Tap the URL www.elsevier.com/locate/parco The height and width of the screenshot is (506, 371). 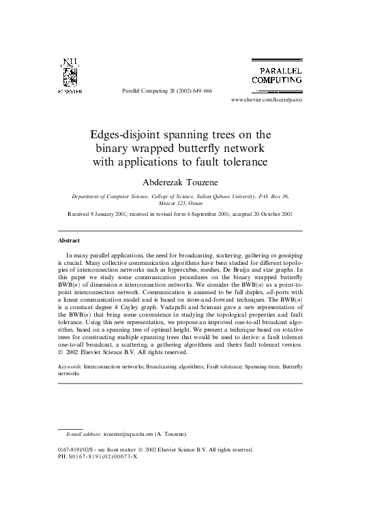click(x=266, y=99)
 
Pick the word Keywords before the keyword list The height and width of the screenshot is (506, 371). click(x=70, y=366)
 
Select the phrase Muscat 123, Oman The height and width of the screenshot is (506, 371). click(x=185, y=203)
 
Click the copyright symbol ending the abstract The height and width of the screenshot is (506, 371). click(x=59, y=353)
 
